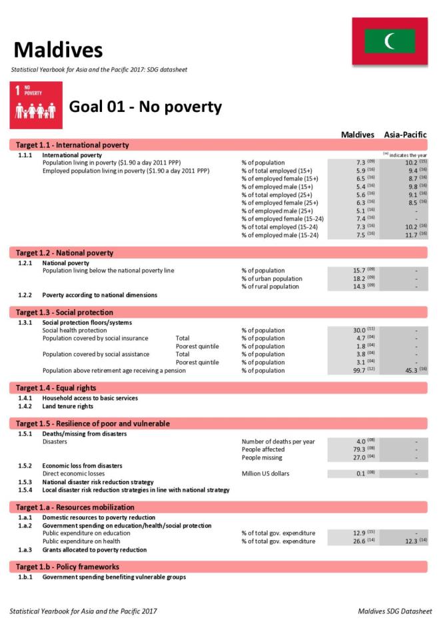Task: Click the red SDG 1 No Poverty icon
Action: tap(36, 106)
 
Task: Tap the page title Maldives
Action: tap(58, 49)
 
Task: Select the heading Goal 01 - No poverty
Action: tap(145, 107)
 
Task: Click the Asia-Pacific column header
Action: tap(405, 135)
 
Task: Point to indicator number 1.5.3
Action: tap(25, 481)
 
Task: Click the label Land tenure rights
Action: tap(67, 406)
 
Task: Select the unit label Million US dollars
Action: tap(265, 473)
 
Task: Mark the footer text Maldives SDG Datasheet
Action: tap(394, 611)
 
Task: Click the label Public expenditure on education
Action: tap(86, 533)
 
